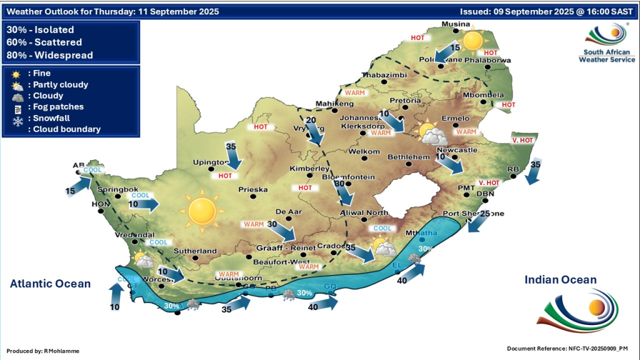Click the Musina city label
pos(455,24)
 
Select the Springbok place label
pos(117,188)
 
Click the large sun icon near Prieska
pos(201,211)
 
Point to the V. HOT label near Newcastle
pos(522,141)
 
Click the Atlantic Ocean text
pos(50,284)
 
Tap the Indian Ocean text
pos(561,280)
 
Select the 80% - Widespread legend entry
pos(49,55)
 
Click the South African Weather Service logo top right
pos(606,42)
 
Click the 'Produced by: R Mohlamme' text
pos(43,351)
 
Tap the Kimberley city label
pos(309,169)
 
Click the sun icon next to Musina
pos(473,40)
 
